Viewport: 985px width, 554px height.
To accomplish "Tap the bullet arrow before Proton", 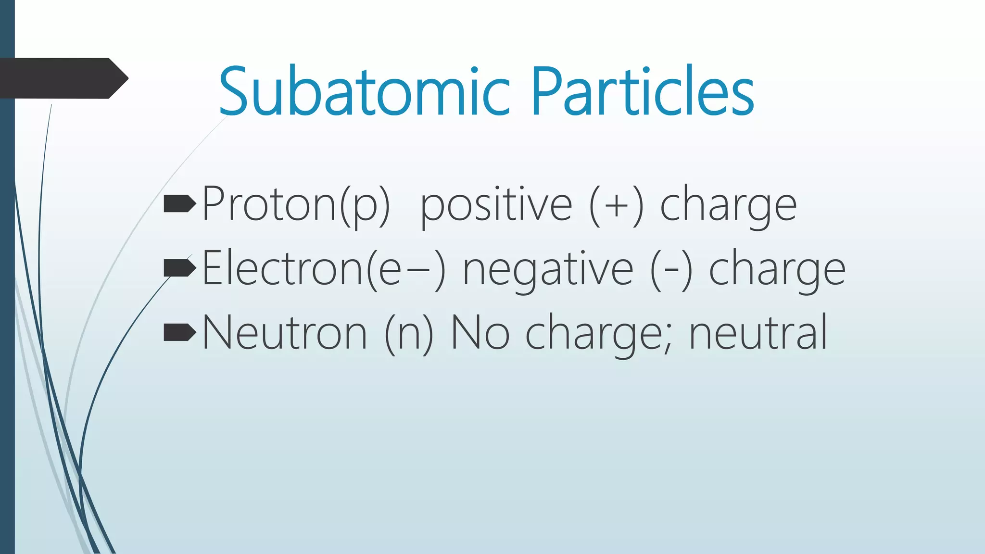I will [x=180, y=204].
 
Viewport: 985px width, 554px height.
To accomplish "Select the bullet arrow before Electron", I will [x=180, y=268].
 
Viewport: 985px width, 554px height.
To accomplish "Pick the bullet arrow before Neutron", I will [x=180, y=332].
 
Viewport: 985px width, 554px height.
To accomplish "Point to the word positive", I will [x=496, y=205].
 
